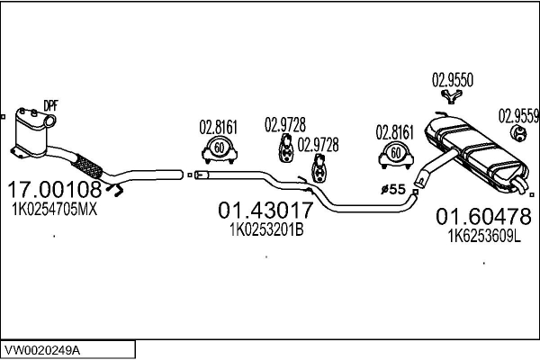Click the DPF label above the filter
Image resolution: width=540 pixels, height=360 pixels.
(x=50, y=106)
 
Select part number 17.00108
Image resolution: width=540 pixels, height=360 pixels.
(x=54, y=189)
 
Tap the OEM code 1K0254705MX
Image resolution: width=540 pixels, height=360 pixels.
(x=54, y=209)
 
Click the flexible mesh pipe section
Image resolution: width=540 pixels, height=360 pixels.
(x=88, y=166)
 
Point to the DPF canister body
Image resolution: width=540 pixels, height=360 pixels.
(x=31, y=132)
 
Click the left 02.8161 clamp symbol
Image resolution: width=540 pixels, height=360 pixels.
(x=220, y=149)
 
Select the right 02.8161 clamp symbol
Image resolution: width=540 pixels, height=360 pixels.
(x=396, y=155)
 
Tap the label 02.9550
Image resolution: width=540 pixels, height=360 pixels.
(x=453, y=80)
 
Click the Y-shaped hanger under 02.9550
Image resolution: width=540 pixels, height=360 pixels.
(x=452, y=95)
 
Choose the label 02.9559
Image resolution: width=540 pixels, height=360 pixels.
(x=518, y=116)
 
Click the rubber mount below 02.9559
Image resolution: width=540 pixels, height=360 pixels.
(x=518, y=133)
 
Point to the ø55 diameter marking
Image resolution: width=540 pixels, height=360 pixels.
(x=393, y=189)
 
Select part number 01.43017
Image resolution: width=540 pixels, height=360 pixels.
(x=265, y=210)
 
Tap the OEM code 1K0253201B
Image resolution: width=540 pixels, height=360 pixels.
(x=266, y=229)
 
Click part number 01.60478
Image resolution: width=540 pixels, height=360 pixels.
(x=483, y=217)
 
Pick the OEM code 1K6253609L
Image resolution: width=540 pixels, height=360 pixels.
(x=484, y=237)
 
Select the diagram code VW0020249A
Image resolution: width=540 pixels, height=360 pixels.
(x=42, y=351)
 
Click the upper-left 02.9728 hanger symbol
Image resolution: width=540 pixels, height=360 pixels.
(x=285, y=148)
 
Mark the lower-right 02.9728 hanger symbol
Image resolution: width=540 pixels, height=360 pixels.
(x=319, y=168)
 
